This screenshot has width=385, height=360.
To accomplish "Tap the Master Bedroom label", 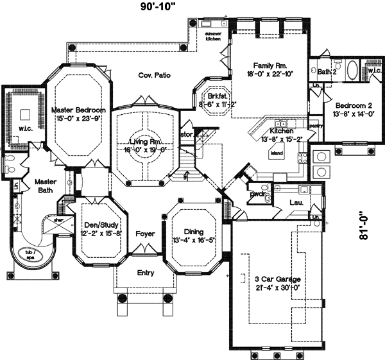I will [x=78, y=110].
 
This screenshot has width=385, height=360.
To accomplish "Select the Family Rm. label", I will [x=269, y=65].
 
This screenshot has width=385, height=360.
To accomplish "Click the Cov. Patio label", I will [x=154, y=76].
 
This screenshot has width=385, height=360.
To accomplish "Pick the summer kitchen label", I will [x=213, y=36].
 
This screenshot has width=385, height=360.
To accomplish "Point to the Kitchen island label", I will [x=277, y=153].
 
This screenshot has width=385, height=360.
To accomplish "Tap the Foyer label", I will [x=145, y=234].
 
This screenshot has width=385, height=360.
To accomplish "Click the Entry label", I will [x=146, y=273].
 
